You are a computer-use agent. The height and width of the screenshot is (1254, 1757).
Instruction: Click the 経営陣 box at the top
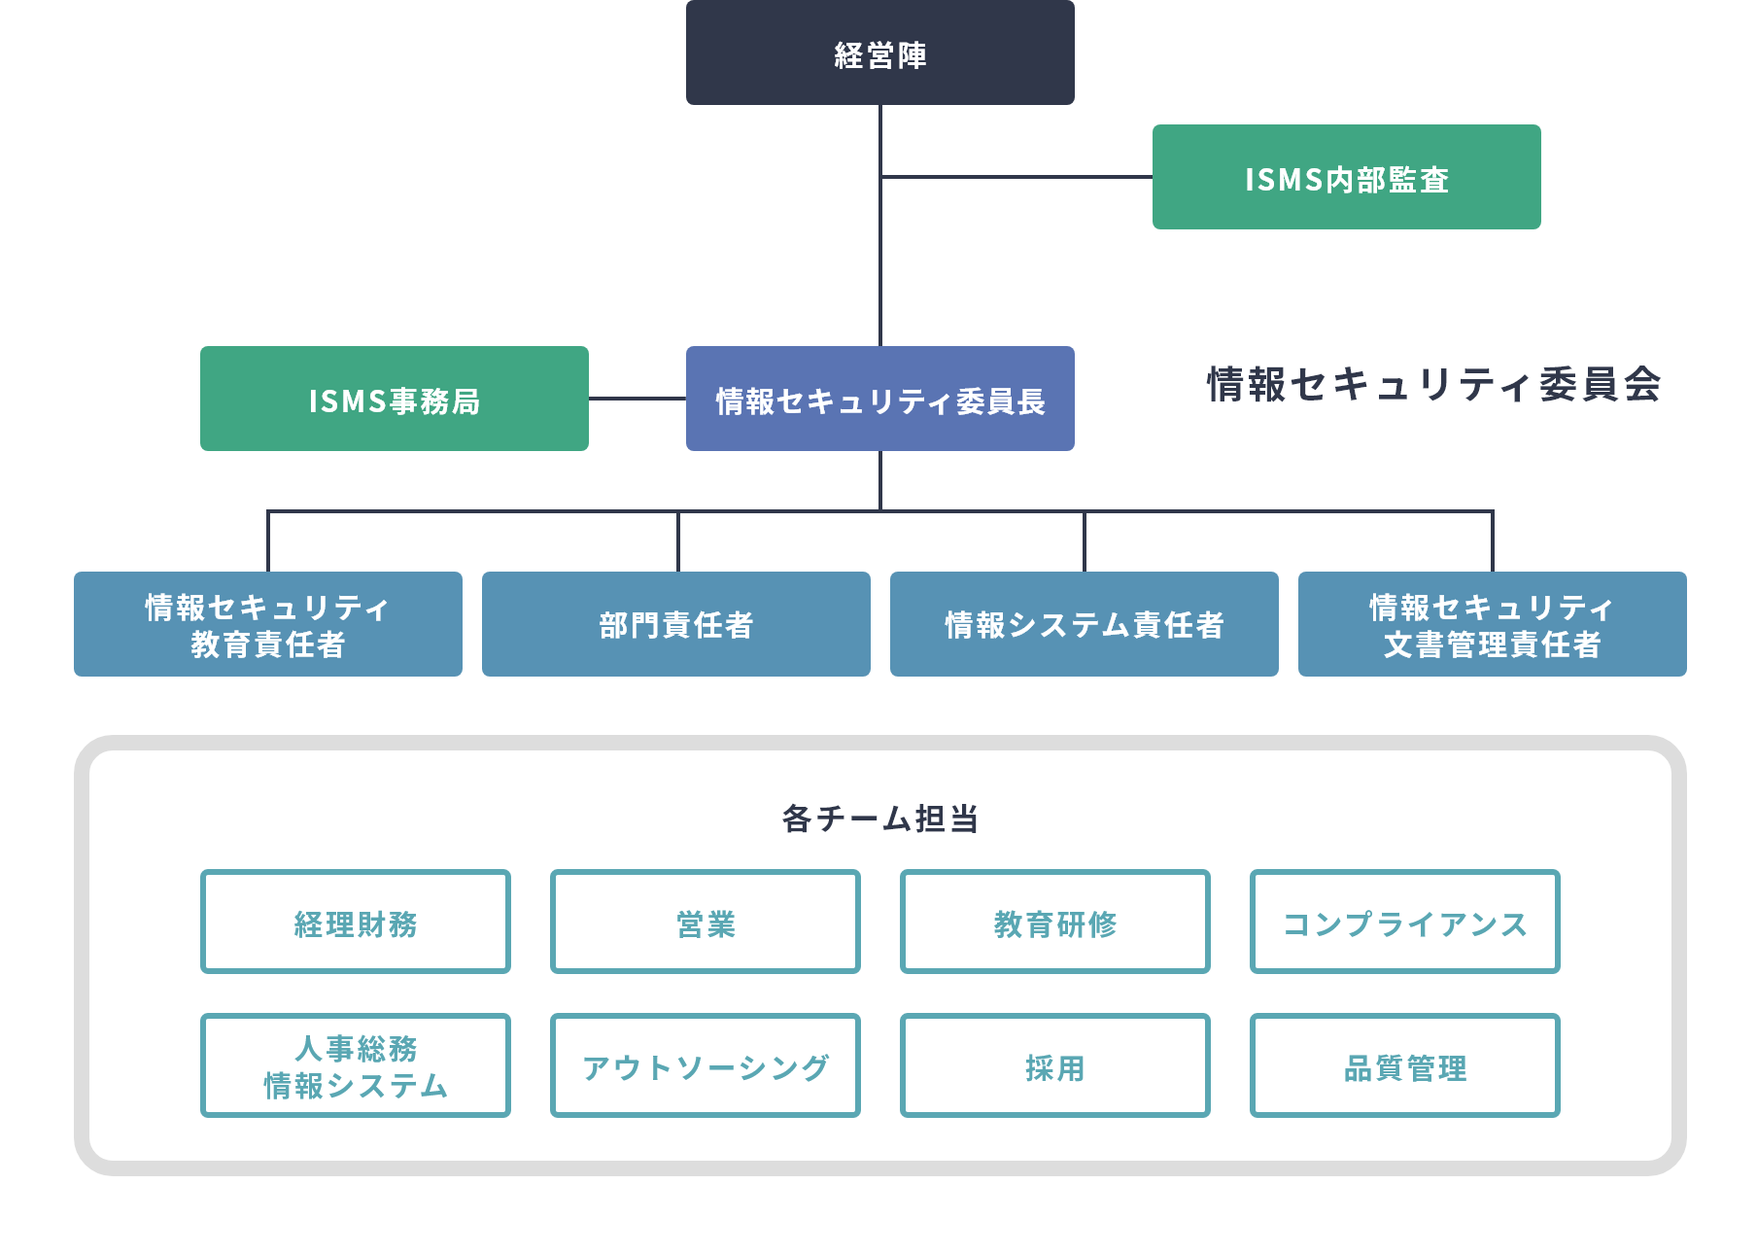[x=879, y=53]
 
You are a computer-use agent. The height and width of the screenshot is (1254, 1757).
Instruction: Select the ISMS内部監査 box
[x=1346, y=194]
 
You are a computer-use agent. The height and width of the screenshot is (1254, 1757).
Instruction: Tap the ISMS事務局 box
[x=394, y=399]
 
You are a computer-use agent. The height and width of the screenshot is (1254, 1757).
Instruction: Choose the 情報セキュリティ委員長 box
[x=879, y=399]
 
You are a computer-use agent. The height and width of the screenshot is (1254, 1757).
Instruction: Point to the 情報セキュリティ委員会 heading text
[x=1433, y=384]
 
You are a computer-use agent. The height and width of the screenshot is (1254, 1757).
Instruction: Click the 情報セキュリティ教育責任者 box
[x=267, y=624]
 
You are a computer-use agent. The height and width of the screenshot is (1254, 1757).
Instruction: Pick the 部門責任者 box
[x=675, y=624]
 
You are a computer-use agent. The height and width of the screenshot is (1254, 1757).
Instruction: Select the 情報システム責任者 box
[x=1084, y=624]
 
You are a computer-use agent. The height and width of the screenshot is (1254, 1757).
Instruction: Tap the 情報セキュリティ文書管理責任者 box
[x=1492, y=624]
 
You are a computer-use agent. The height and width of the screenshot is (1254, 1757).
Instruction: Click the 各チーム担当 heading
[x=879, y=819]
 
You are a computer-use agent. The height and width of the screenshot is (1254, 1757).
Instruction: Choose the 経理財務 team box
[x=355, y=922]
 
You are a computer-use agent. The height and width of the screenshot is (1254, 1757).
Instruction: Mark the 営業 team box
[x=705, y=922]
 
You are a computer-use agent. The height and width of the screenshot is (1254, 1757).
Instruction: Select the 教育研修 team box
[x=1054, y=922]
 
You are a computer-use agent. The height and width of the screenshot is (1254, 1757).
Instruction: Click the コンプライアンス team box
[x=1404, y=922]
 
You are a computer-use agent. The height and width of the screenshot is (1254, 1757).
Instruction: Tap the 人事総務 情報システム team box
[x=355, y=1065]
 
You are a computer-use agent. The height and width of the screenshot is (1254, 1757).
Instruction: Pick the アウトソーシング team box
[x=705, y=1065]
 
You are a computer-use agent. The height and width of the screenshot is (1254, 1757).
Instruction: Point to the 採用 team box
[x=1054, y=1065]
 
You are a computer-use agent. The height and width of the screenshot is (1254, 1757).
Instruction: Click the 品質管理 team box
[x=1404, y=1065]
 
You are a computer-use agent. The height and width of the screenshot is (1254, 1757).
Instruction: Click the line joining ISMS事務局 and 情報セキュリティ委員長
[x=637, y=399]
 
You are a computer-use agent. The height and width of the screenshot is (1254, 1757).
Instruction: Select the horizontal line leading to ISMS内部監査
[x=1016, y=177]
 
